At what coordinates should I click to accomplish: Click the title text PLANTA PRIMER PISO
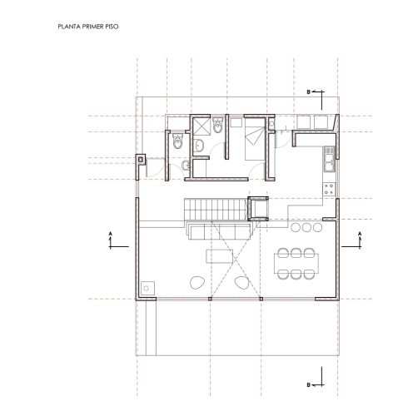tap(88, 27)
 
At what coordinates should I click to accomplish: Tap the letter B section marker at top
tap(308, 92)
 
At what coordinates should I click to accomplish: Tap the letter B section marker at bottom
tap(308, 385)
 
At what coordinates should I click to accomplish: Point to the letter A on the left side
tap(110, 233)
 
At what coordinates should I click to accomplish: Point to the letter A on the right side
tap(360, 233)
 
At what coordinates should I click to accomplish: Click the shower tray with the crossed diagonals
tap(201, 126)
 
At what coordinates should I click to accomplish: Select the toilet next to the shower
tap(217, 126)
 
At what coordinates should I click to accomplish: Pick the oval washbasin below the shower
tap(199, 146)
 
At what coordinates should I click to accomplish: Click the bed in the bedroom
tap(255, 139)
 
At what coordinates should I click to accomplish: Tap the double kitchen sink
tap(330, 159)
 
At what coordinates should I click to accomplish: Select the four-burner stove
tap(329, 190)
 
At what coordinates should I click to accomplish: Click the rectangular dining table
tap(296, 263)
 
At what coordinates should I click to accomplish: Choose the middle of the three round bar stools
tap(306, 227)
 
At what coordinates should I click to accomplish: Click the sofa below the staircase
tap(219, 230)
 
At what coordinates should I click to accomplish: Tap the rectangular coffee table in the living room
tap(219, 256)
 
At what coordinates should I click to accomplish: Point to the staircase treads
tap(215, 210)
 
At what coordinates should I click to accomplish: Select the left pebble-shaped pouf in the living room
tap(197, 283)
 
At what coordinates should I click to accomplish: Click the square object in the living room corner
tap(147, 288)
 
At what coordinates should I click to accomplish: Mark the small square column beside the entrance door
tap(141, 160)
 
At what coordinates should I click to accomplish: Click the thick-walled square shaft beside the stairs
tap(258, 208)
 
